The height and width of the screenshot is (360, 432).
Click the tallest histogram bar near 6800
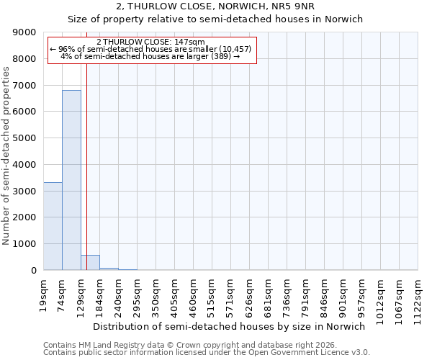(x=71, y=180)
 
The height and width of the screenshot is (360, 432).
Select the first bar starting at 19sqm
(x=53, y=226)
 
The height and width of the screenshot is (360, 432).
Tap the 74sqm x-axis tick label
(x=63, y=294)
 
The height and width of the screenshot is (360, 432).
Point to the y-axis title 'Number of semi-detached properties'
(x=6, y=156)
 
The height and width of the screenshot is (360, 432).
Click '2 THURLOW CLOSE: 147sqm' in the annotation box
(x=150, y=42)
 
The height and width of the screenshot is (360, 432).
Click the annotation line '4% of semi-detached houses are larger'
(x=150, y=56)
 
